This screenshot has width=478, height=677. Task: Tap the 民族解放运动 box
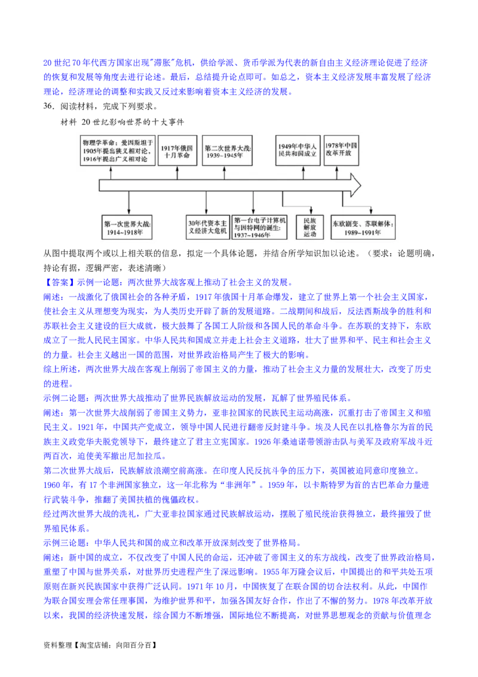(x=309, y=227)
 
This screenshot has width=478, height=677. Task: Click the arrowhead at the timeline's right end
(x=355, y=185)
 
